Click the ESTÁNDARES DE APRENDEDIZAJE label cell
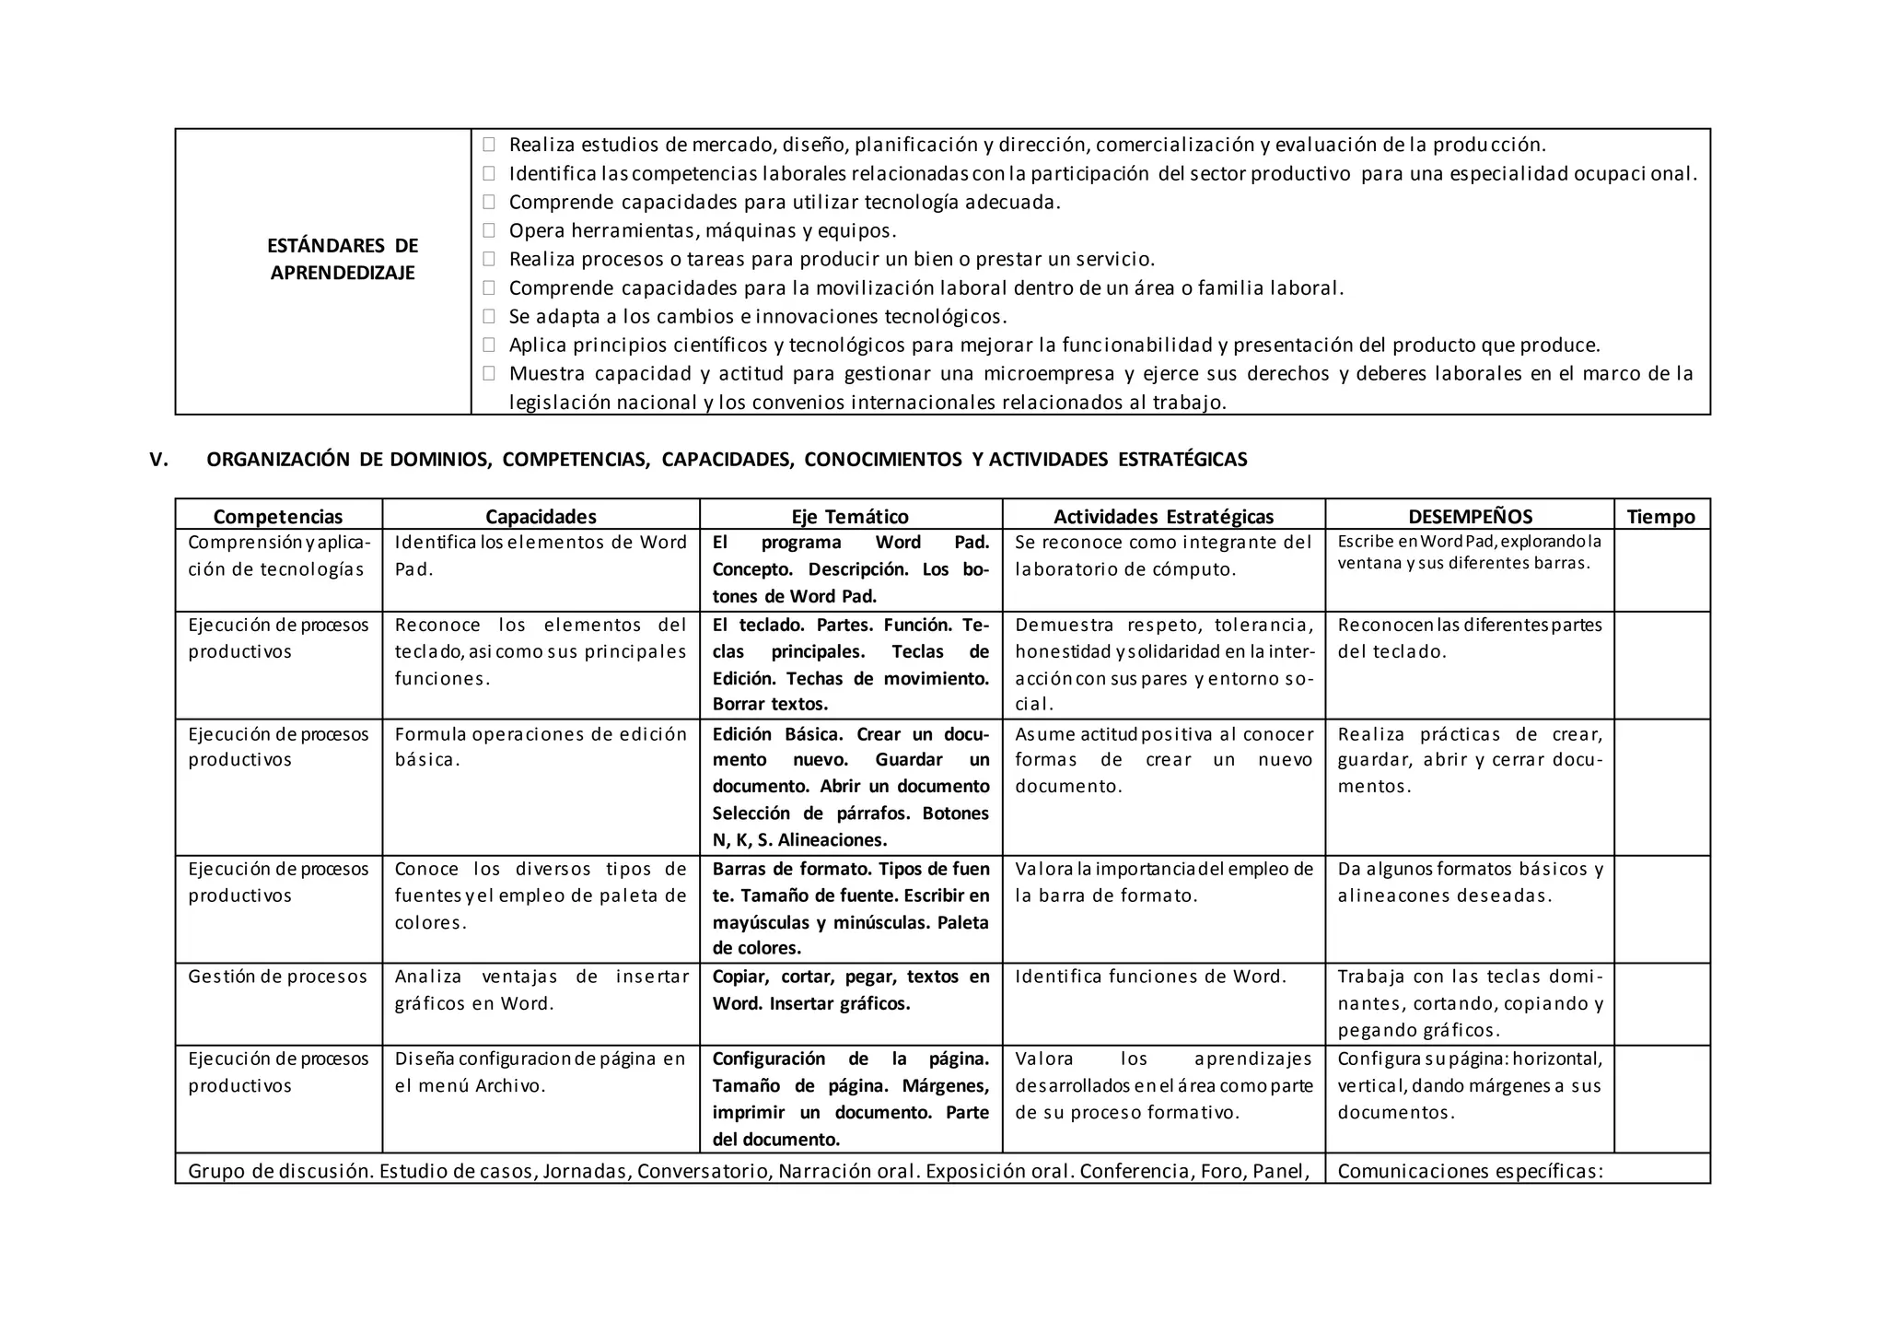[343, 259]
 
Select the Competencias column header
[278, 516]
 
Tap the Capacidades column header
[541, 516]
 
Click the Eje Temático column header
[850, 516]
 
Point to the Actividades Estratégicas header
[1163, 516]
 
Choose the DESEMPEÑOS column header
[1470, 516]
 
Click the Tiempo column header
[1660, 516]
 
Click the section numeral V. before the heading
[159, 460]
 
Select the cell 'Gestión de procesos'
[277, 977]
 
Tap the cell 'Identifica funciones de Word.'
[1150, 977]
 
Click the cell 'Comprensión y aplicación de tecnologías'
[279, 556]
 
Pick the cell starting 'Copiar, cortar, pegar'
[850, 989]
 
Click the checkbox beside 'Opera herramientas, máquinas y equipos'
[489, 230]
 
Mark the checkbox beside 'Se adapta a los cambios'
[489, 316]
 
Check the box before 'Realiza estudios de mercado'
[489, 145]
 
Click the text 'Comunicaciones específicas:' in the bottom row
[1470, 1171]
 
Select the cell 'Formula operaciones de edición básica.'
[541, 747]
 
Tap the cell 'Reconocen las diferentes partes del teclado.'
[1470, 638]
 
